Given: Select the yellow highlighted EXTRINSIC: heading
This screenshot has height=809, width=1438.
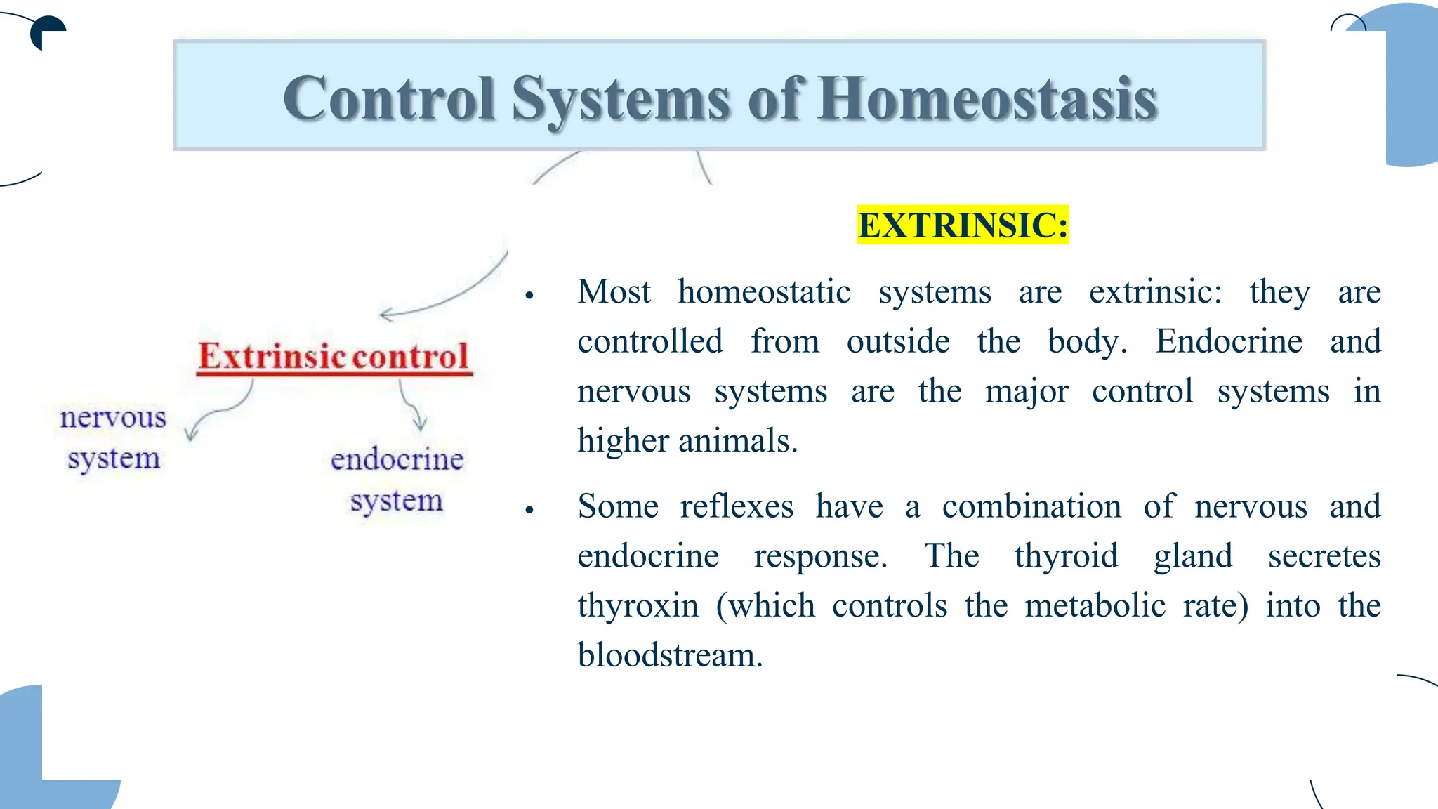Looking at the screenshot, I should [963, 225].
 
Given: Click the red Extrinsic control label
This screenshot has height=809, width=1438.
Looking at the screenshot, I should [334, 356].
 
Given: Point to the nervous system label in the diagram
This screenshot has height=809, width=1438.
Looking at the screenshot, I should [113, 437].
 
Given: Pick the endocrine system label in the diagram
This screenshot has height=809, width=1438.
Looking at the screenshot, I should [397, 479].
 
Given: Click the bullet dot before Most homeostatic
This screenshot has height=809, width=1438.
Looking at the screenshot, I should [530, 296].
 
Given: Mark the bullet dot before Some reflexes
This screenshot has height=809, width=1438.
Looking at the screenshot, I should [530, 510].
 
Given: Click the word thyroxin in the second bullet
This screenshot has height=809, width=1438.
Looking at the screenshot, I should [638, 605].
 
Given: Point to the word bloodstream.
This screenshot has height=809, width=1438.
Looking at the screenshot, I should [670, 655].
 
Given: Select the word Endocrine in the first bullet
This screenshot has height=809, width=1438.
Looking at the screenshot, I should [1229, 341].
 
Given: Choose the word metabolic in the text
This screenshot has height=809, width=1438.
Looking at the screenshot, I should [1095, 605].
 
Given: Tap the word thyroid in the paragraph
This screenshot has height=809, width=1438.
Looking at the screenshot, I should [1066, 555].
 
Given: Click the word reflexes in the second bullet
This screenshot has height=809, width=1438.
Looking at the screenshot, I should [737, 506].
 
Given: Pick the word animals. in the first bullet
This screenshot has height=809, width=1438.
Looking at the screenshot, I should [738, 440].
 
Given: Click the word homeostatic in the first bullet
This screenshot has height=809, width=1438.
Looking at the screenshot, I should [764, 291].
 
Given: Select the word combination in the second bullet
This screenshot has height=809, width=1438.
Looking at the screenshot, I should [1031, 506].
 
